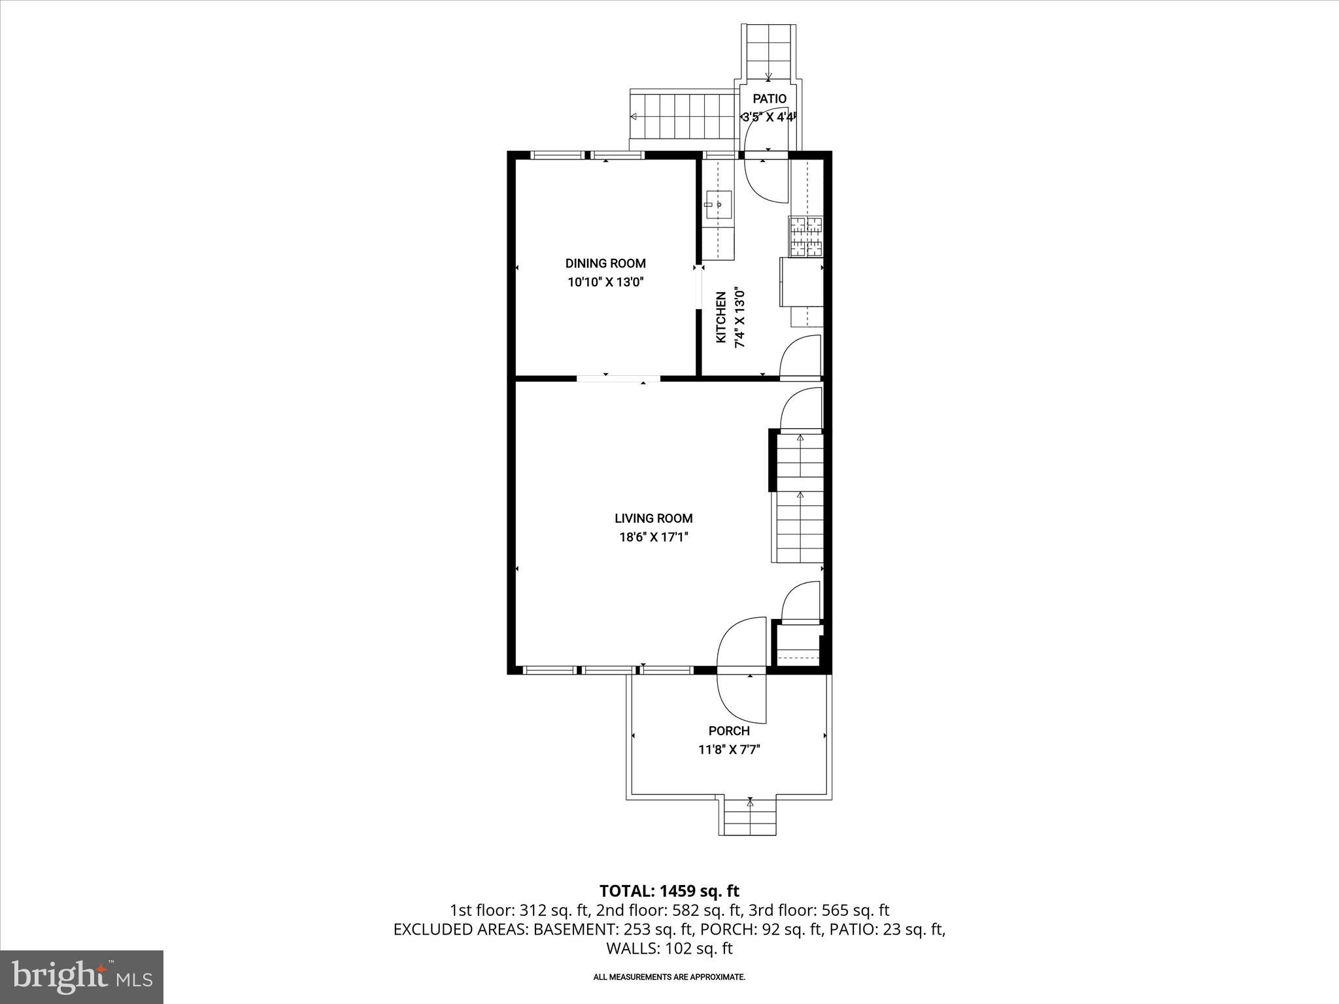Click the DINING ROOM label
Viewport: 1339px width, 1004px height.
click(x=605, y=263)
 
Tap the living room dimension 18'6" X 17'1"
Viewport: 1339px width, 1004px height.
click(x=653, y=537)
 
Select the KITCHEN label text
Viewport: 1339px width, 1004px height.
click(x=721, y=317)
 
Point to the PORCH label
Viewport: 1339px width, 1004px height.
click(x=728, y=731)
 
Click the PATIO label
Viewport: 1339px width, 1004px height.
click(x=770, y=99)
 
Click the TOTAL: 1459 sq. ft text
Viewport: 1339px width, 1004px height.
click(x=669, y=891)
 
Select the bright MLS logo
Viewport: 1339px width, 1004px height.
click(x=82, y=977)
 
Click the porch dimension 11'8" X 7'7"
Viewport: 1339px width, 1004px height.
click(x=728, y=750)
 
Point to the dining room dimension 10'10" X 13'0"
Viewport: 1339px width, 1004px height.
click(x=605, y=282)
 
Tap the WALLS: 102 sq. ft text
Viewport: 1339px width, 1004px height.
click(x=669, y=948)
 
